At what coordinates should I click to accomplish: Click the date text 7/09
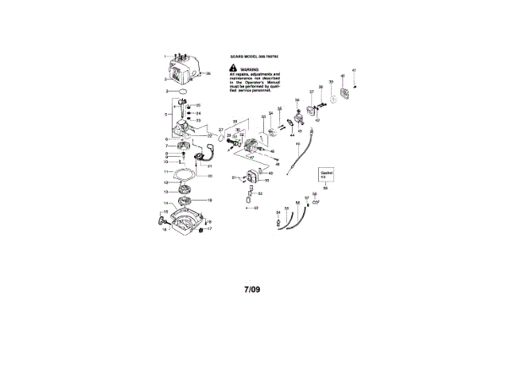pyautogui.click(x=252, y=290)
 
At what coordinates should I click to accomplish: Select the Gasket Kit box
pyautogui.click(x=326, y=174)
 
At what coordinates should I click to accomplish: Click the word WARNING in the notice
pyautogui.click(x=253, y=69)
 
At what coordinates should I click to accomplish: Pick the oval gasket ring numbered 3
pyautogui.click(x=184, y=93)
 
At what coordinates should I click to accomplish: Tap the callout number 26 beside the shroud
pyautogui.click(x=208, y=74)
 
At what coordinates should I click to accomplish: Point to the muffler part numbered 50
pyautogui.click(x=254, y=178)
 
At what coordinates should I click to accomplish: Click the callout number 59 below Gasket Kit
pyautogui.click(x=325, y=189)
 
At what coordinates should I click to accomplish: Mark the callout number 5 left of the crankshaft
pyautogui.click(x=166, y=115)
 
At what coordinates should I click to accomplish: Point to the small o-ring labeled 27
pyautogui.click(x=220, y=129)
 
